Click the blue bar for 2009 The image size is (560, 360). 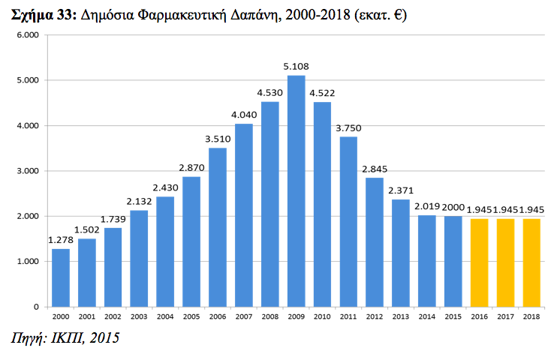click(x=297, y=191)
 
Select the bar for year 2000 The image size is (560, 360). click(x=61, y=277)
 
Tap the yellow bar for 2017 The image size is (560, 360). click(x=505, y=262)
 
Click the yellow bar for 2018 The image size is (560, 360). click(x=531, y=262)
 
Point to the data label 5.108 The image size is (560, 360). click(x=297, y=67)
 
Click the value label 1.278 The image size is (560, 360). click(x=61, y=240)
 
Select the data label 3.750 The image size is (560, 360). click(x=348, y=128)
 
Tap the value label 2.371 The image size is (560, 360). click(x=401, y=190)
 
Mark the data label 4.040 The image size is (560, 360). click(x=244, y=115)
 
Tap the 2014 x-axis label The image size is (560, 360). click(x=427, y=317)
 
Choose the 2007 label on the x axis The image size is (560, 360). click(x=244, y=317)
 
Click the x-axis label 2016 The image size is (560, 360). click(x=479, y=317)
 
